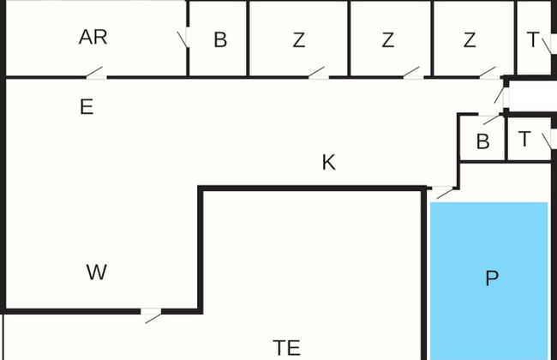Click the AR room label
[93, 38]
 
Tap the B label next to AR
[220, 40]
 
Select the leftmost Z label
[298, 40]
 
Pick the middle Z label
[388, 40]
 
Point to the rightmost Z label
[470, 40]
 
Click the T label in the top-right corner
[533, 40]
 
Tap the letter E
[86, 107]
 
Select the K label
[328, 163]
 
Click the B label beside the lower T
[482, 142]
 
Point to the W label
[97, 273]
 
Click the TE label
[286, 347]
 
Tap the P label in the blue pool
[491, 279]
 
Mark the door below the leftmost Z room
[317, 74]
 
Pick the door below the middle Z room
[411, 74]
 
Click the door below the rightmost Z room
[488, 74]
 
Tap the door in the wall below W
[153, 315]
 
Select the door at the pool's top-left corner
[443, 192]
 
